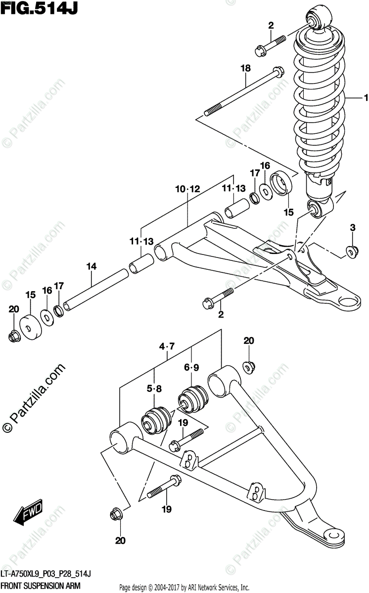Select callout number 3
click(x=353, y=228)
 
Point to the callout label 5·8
click(x=154, y=388)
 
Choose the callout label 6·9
click(x=191, y=367)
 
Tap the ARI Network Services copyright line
click(x=184, y=587)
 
